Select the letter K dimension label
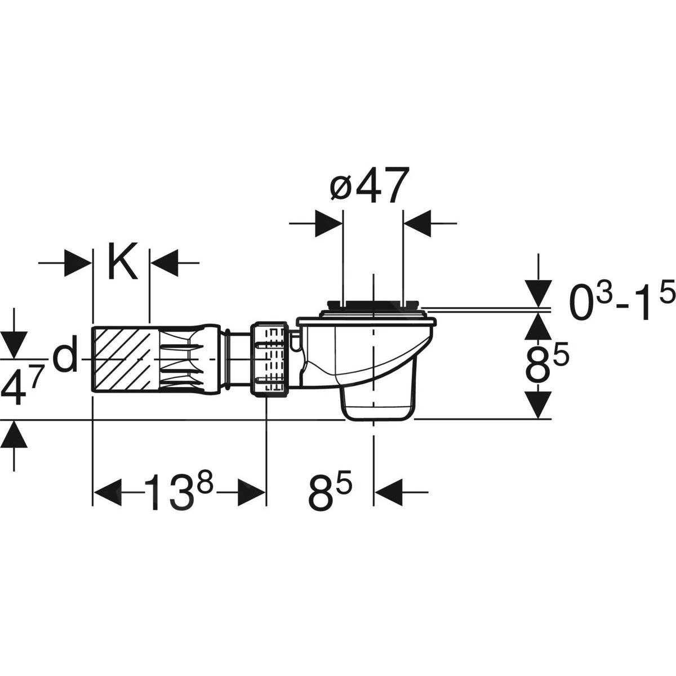[122, 263]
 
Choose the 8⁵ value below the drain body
[330, 491]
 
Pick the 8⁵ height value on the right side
[546, 367]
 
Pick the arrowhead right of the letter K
[164, 263]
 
